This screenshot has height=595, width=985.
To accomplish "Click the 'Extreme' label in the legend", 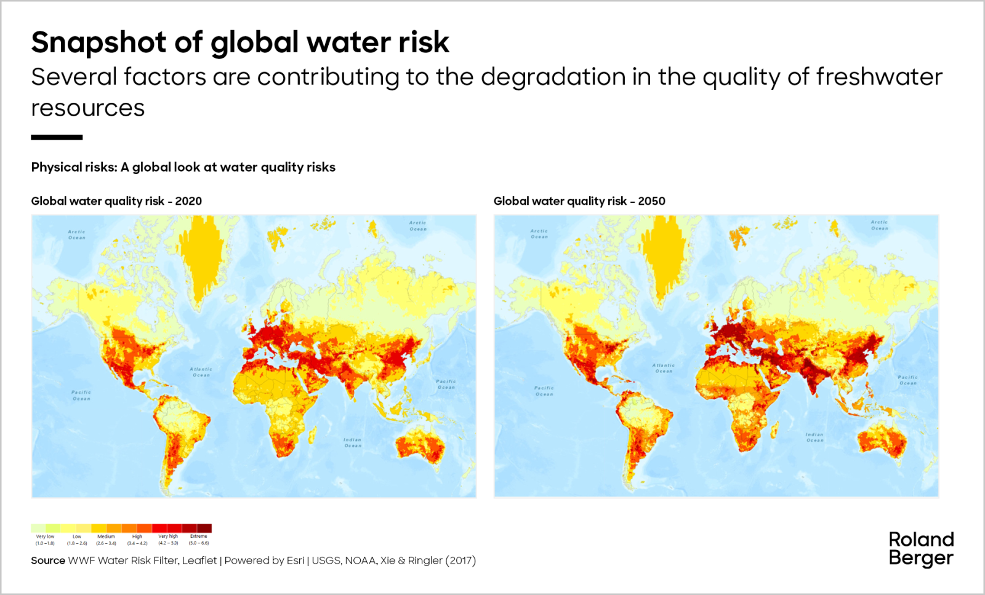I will (199, 537).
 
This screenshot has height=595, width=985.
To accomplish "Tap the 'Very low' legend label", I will (45, 537).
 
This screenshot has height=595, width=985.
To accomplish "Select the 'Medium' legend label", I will (106, 537).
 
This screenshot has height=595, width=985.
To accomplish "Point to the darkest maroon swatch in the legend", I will (204, 528).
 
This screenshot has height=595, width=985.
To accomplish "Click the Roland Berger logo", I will (921, 549).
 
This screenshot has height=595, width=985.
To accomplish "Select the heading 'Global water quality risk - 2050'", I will (579, 201).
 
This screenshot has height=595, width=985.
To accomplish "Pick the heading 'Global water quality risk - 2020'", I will (116, 201).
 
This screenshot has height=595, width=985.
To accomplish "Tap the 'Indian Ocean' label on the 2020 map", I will (352, 442).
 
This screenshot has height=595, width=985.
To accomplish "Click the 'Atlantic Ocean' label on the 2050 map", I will (664, 368).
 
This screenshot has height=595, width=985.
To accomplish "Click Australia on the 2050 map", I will (883, 441).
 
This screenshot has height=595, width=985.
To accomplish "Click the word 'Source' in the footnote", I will (48, 561).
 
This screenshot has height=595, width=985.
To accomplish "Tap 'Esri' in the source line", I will (295, 561).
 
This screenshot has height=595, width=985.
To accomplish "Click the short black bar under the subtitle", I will (57, 137).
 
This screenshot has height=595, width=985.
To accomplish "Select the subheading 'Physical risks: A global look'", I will (183, 167).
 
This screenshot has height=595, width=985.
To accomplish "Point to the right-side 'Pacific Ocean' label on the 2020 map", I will (446, 384).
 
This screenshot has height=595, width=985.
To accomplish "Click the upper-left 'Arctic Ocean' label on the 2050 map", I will (539, 234).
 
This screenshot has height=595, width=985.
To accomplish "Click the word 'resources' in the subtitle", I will (88, 108).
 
